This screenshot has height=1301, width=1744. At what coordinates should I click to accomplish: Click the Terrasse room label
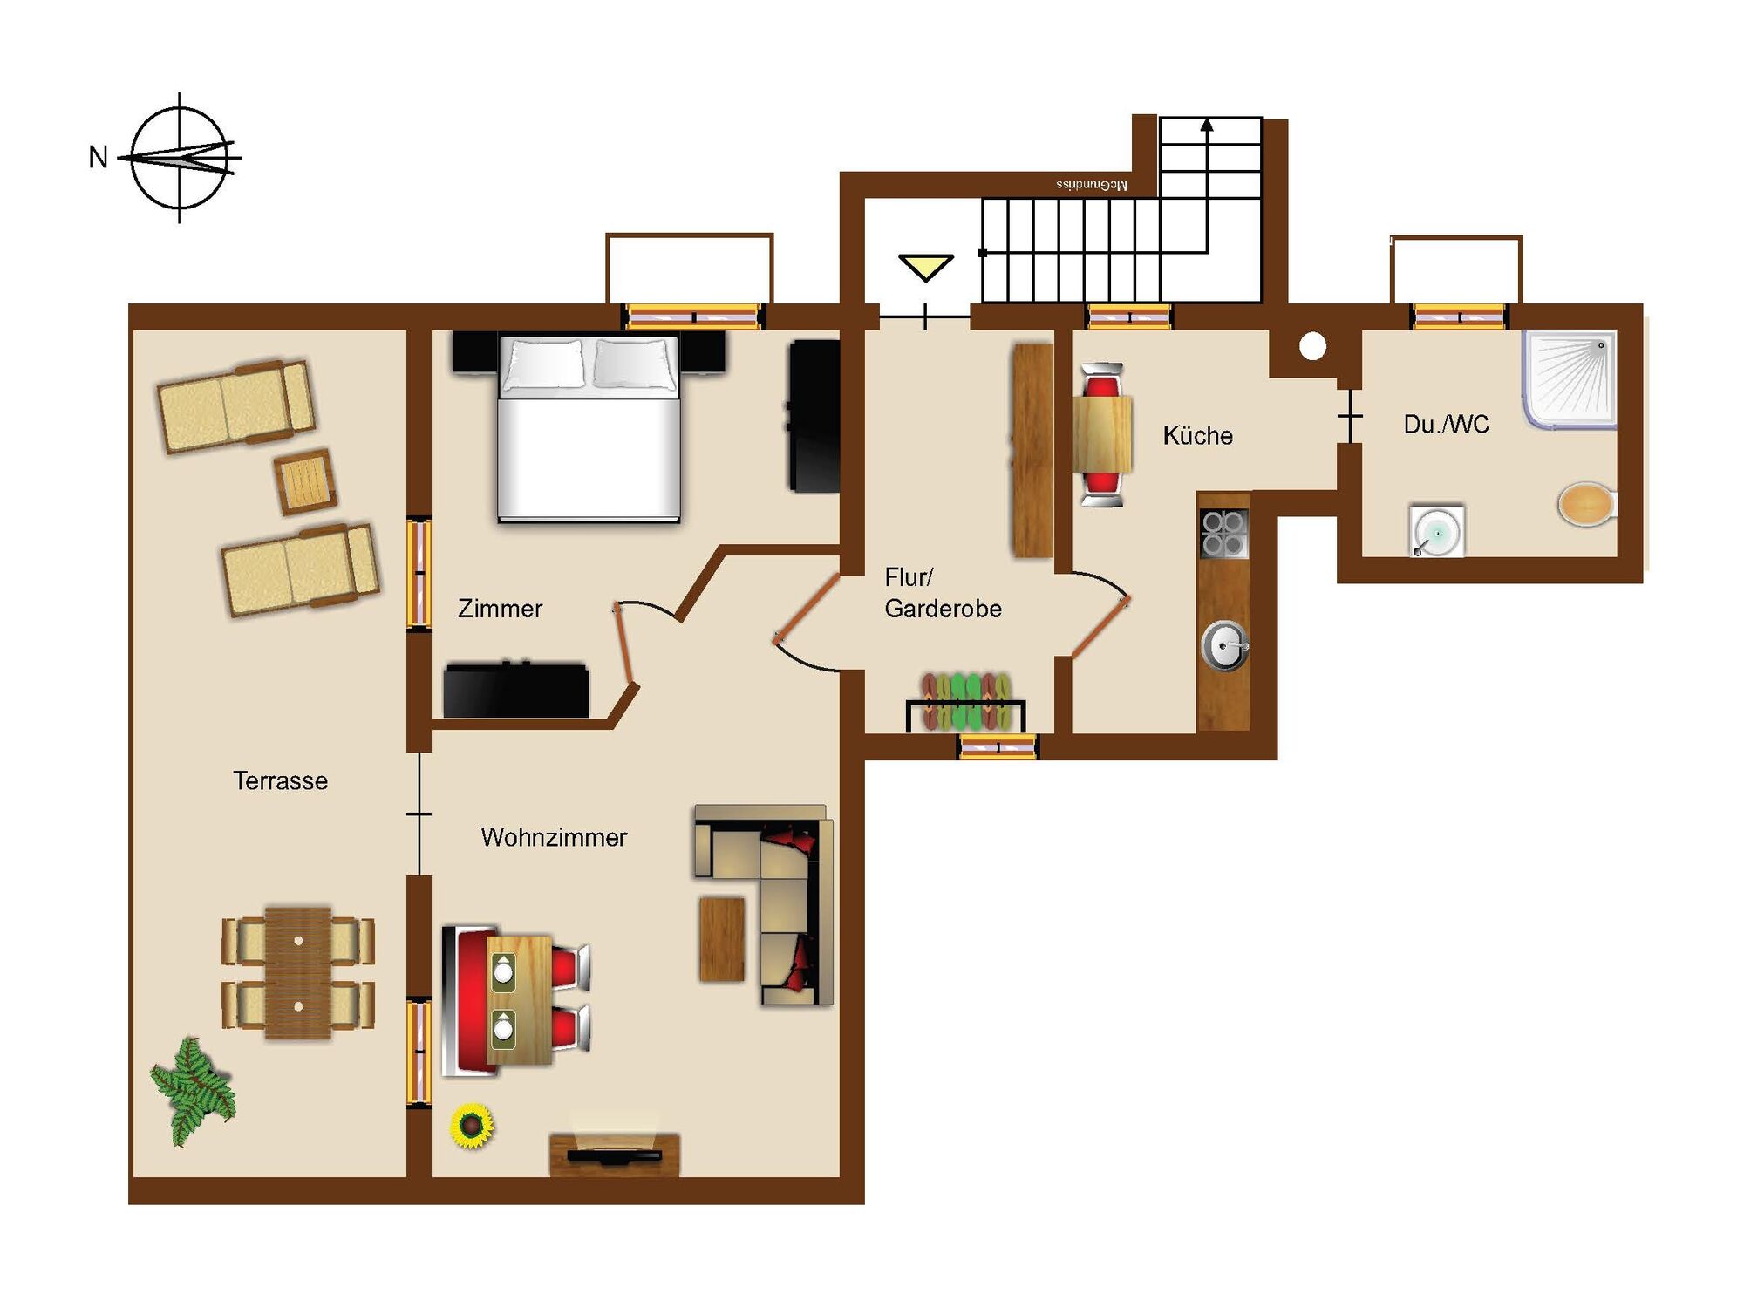[280, 780]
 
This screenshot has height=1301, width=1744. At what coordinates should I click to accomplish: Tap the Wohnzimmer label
[554, 837]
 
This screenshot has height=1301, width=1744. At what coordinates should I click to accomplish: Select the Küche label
[1197, 435]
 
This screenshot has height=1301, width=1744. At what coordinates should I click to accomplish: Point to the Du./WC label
[1446, 425]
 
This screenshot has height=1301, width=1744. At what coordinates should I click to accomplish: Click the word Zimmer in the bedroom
[500, 609]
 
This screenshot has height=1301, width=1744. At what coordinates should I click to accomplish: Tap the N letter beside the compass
[99, 158]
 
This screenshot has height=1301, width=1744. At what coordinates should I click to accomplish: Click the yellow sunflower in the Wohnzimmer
[472, 1126]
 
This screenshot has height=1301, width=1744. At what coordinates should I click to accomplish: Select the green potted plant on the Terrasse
[193, 1090]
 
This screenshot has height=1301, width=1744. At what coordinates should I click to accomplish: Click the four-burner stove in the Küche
[1224, 534]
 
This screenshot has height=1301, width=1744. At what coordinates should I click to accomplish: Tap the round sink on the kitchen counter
[1224, 646]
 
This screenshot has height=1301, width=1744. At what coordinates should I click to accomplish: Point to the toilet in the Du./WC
[1587, 505]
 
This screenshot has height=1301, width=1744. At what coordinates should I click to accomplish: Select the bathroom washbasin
[1436, 529]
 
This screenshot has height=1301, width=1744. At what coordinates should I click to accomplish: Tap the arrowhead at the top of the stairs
[1207, 125]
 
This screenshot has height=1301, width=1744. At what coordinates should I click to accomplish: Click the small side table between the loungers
[304, 480]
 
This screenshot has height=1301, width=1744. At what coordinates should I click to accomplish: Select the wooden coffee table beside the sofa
[722, 939]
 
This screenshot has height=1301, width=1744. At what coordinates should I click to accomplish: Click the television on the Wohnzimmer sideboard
[614, 1155]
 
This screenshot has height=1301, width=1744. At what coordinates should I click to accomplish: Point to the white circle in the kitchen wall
[1312, 346]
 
